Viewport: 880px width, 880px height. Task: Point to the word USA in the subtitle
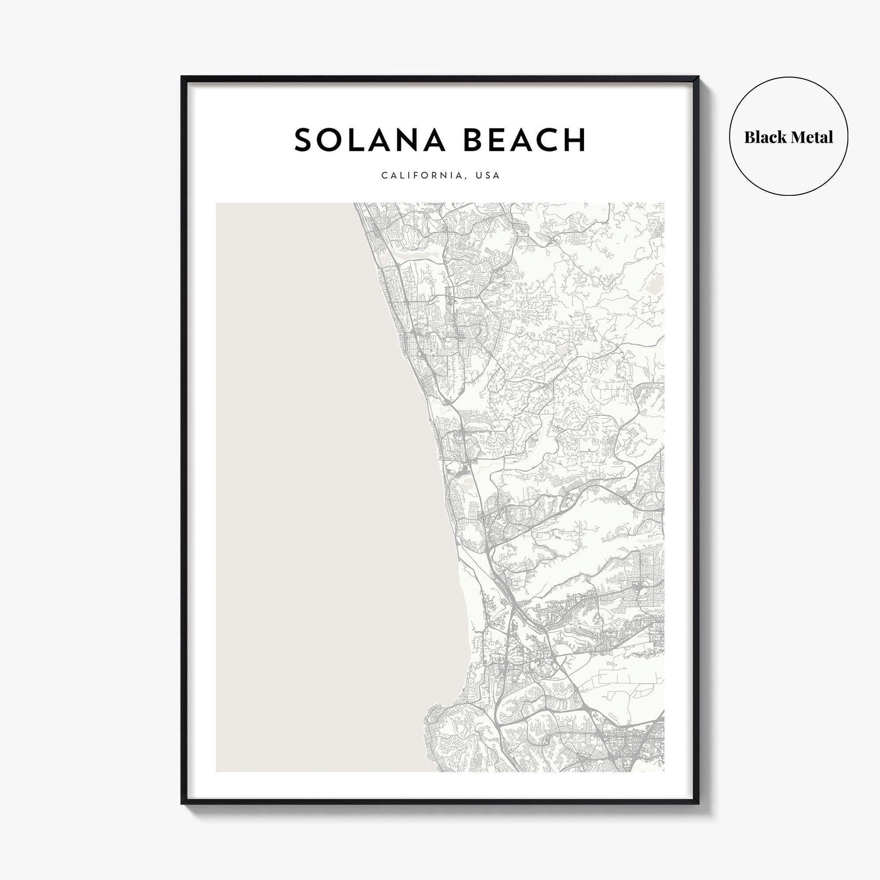488,176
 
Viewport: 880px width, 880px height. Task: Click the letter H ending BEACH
573,140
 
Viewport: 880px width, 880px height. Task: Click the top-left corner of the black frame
182,77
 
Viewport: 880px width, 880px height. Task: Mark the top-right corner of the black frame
698,77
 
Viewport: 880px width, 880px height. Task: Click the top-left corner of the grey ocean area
217,204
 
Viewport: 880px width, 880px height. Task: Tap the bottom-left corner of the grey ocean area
217,771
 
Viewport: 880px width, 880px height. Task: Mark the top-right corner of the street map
663,204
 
